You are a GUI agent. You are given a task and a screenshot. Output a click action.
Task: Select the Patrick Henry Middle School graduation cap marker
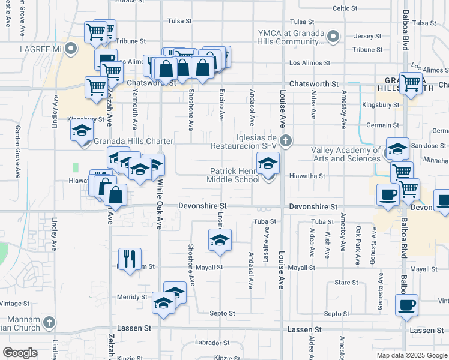point(268,163)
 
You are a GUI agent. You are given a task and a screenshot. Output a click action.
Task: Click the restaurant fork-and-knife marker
point(130,259)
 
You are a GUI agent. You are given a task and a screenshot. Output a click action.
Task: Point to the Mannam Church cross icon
point(49,323)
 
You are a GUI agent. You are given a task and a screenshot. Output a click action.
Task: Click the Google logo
point(20,353)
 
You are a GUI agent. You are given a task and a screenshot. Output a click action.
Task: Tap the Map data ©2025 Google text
point(412,355)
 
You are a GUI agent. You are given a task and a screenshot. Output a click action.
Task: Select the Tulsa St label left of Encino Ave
point(179,20)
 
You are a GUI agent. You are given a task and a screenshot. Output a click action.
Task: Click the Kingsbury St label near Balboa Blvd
point(381,105)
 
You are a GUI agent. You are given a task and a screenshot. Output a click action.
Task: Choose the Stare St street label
point(346,282)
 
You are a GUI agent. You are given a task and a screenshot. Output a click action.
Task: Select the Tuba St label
point(264,221)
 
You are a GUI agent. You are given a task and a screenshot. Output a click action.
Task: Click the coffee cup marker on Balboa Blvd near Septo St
point(406,303)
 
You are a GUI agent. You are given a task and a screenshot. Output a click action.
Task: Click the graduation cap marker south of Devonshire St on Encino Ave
point(220,239)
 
